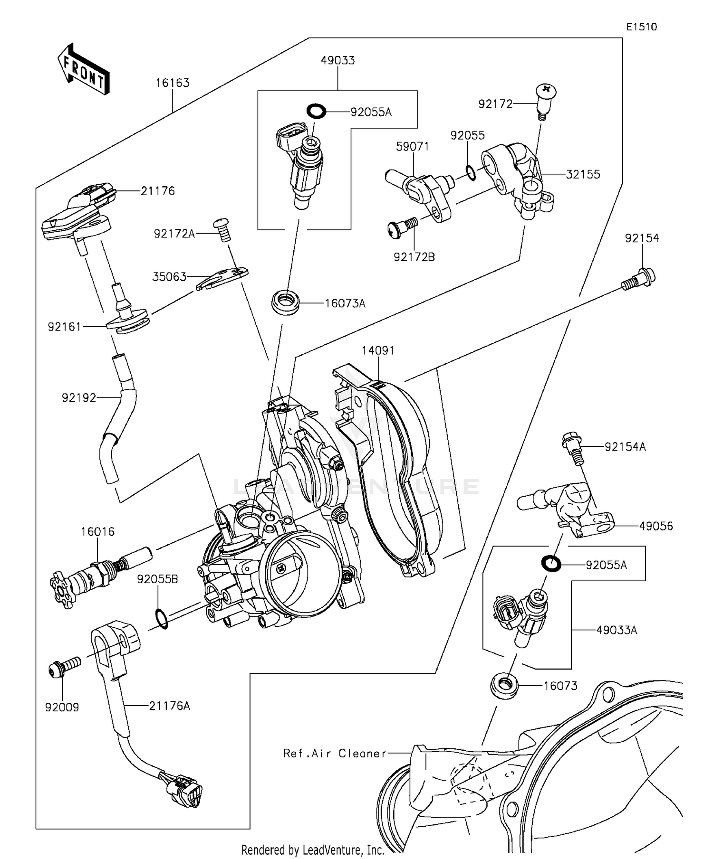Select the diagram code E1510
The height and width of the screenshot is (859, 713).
pyautogui.click(x=641, y=27)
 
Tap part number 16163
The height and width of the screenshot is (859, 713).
pyautogui.click(x=173, y=83)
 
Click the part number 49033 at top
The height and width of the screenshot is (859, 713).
pyautogui.click(x=337, y=61)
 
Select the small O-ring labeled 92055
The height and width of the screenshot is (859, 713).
pyautogui.click(x=470, y=173)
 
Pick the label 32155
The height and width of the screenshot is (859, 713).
pyautogui.click(x=583, y=174)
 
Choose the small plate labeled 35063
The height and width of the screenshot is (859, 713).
pyautogui.click(x=222, y=279)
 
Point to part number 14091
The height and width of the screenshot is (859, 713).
pyautogui.click(x=378, y=350)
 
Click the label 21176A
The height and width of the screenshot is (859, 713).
pyautogui.click(x=169, y=706)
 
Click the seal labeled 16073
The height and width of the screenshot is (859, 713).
pyautogui.click(x=504, y=686)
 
